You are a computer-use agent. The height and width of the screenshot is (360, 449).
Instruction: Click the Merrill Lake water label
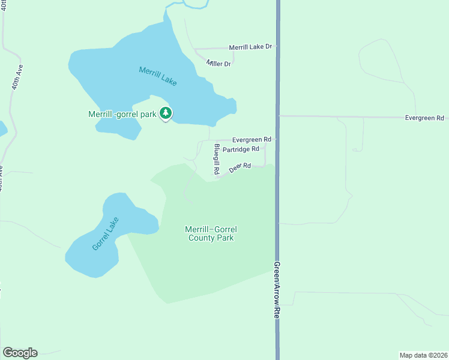pyautogui.click(x=158, y=76)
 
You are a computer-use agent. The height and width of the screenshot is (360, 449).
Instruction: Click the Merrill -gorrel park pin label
pyautogui.click(x=122, y=113)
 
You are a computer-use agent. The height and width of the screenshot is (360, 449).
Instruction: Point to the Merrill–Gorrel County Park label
pyautogui.click(x=209, y=233)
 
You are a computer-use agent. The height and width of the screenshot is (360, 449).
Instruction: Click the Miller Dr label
pyautogui.click(x=218, y=63)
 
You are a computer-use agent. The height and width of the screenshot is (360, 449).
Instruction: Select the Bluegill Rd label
pyautogui.click(x=216, y=158)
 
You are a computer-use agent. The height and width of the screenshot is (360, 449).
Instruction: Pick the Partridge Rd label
pyautogui.click(x=240, y=149)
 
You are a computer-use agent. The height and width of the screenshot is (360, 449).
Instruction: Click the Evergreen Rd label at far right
pyautogui.click(x=424, y=118)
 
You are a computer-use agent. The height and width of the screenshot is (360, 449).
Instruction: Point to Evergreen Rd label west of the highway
pyautogui.click(x=252, y=139)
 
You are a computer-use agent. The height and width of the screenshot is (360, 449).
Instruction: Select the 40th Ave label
pyautogui.click(x=16, y=77)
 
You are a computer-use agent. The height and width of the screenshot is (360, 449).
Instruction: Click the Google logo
pyautogui.click(x=20, y=353)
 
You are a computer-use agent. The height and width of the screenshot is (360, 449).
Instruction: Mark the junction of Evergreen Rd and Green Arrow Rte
pyautogui.click(x=278, y=116)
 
